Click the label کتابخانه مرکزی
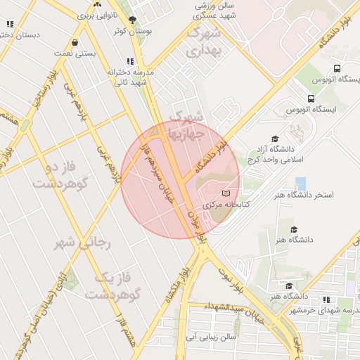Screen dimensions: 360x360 coord(226,205)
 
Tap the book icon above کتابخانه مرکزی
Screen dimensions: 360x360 coord(226,193)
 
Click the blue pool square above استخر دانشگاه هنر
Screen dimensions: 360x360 coord(301,183)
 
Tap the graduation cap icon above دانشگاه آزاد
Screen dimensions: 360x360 coord(275,139)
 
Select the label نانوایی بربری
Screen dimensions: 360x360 coord(96,14)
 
